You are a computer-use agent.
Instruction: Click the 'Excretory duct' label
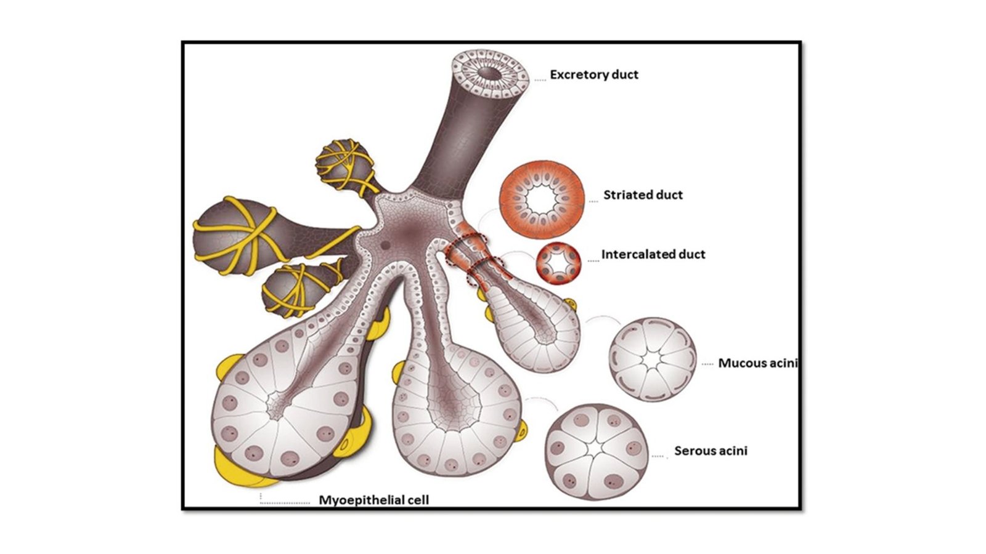coord(594,75)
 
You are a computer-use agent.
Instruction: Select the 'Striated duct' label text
coord(643,195)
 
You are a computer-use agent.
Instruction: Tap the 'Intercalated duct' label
coord(653,254)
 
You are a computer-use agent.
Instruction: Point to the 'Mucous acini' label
coord(757,363)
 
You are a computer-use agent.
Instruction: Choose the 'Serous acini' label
coord(711,451)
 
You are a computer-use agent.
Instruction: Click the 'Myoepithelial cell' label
coord(373,500)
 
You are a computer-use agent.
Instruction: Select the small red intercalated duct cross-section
coord(559,263)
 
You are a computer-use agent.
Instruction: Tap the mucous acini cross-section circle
coord(653,359)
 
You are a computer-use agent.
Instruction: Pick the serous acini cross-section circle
coord(597,452)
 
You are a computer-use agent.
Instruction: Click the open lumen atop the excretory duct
coord(491,73)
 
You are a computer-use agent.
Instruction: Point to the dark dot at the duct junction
coord(386,245)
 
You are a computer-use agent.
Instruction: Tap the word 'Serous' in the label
coord(693,451)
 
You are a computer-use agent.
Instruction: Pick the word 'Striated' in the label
coord(624,195)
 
